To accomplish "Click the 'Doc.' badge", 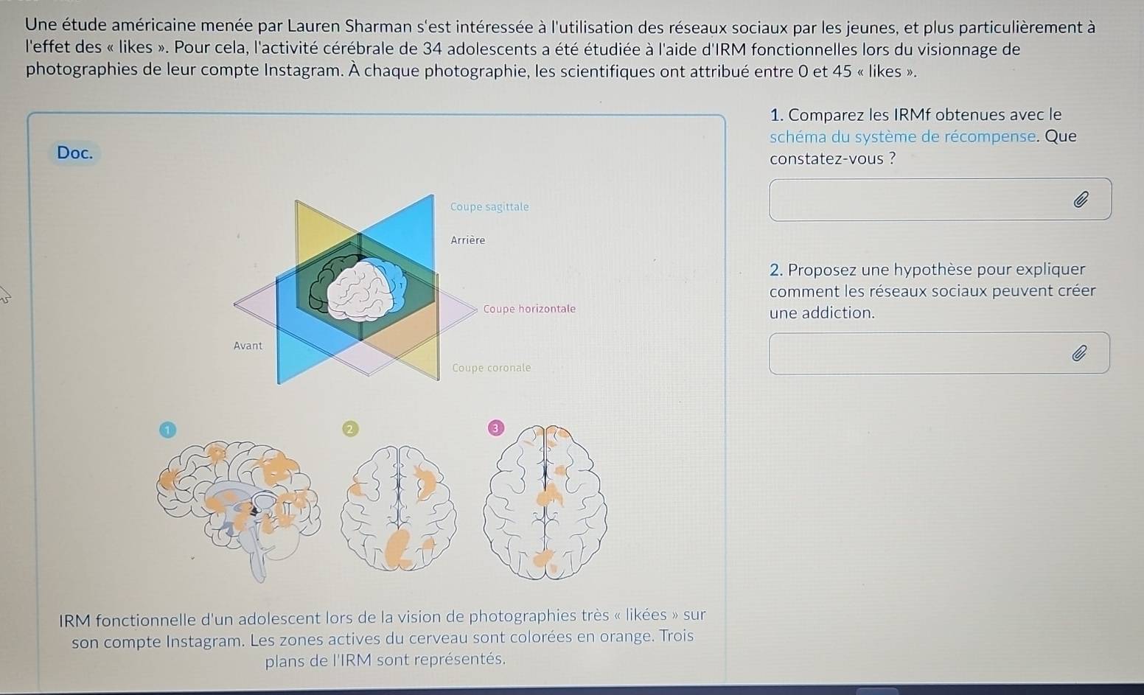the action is pyautogui.click(x=74, y=153).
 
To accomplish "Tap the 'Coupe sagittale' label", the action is pyautogui.click(x=489, y=207).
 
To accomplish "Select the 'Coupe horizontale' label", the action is pyautogui.click(x=529, y=308).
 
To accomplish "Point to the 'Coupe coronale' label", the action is pyautogui.click(x=492, y=368).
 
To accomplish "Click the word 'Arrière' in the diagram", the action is pyautogui.click(x=468, y=240).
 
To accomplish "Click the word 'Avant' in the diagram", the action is pyautogui.click(x=248, y=346).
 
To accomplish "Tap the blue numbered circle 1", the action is pyautogui.click(x=167, y=430).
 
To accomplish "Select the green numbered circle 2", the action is pyautogui.click(x=349, y=429).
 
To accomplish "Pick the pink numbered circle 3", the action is pyautogui.click(x=495, y=428).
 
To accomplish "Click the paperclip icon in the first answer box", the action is pyautogui.click(x=1080, y=200).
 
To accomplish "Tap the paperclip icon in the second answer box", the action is pyautogui.click(x=1078, y=353).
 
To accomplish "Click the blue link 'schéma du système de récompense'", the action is pyautogui.click(x=902, y=137).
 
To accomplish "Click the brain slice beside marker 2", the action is pyautogui.click(x=398, y=508).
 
